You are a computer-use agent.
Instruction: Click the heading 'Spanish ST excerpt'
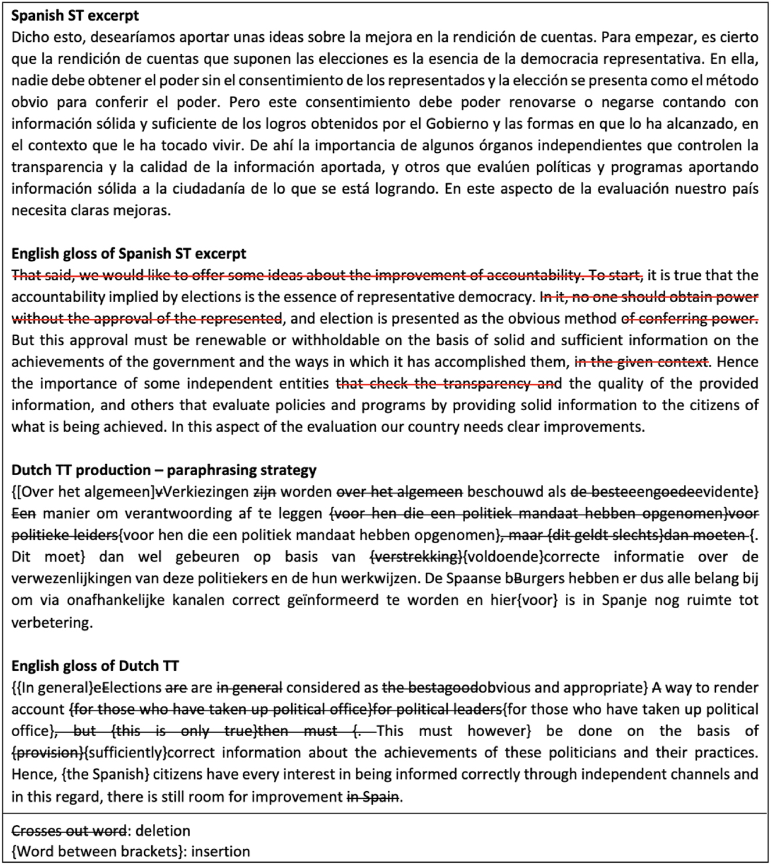[x=75, y=16]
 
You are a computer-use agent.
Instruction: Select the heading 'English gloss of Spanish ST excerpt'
[x=128, y=254]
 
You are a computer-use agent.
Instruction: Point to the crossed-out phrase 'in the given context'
[x=642, y=362]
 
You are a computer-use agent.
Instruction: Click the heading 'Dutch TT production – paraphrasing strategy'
[x=164, y=470]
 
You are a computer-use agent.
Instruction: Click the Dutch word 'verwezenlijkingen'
[x=72, y=579]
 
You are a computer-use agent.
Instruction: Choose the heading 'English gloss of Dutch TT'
[x=95, y=666]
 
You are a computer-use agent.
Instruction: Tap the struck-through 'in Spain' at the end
[x=373, y=796]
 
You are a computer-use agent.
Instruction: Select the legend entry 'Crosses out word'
[x=69, y=831]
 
